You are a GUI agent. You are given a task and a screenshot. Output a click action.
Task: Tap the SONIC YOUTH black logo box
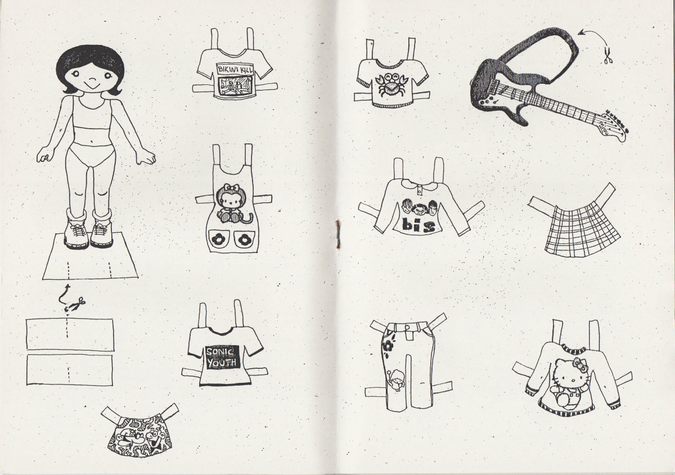(x=223, y=357)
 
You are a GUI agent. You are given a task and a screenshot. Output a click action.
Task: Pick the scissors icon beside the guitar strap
(x=608, y=56)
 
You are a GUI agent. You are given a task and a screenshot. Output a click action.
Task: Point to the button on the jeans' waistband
(x=407, y=327)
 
